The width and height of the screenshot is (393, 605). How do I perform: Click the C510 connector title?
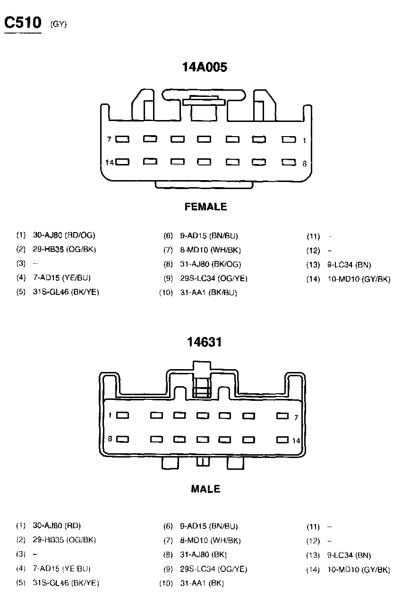click(x=23, y=22)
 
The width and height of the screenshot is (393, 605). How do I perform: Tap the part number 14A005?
click(x=205, y=68)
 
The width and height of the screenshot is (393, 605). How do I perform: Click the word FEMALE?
click(x=205, y=207)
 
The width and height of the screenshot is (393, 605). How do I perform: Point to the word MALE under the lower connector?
click(x=205, y=489)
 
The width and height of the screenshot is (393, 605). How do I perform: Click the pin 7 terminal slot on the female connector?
click(x=123, y=139)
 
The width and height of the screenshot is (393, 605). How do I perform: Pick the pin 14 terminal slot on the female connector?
click(x=123, y=162)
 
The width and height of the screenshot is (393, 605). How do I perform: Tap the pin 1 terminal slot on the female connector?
click(x=288, y=139)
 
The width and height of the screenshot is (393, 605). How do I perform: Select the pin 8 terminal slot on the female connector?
click(x=288, y=162)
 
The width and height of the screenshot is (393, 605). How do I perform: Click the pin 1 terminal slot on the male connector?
click(x=123, y=415)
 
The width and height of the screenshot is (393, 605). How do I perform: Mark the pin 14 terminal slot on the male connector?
click(x=282, y=440)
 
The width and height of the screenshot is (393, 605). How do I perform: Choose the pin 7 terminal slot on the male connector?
click(x=282, y=416)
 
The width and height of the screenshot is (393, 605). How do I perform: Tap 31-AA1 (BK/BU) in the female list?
click(x=208, y=293)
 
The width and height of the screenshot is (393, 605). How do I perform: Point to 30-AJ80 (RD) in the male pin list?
click(x=57, y=526)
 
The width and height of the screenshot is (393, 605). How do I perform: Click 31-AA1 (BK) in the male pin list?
click(x=202, y=583)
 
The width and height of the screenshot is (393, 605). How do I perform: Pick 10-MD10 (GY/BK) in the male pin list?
click(x=359, y=570)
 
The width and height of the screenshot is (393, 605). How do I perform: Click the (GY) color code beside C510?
click(x=59, y=25)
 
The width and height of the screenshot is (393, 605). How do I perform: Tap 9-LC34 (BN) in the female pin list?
click(x=349, y=265)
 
